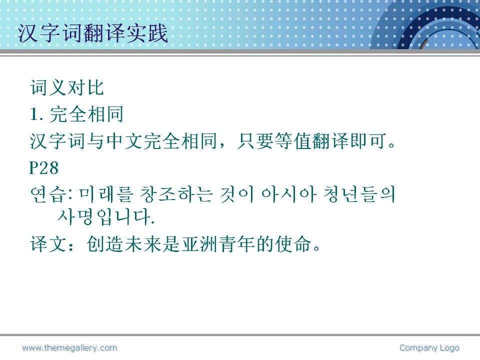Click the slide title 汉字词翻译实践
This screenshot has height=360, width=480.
pos(93,33)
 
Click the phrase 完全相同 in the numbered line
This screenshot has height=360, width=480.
pos(86,114)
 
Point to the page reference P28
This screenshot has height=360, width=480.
pos(44,168)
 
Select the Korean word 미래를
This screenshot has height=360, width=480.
pos(106,194)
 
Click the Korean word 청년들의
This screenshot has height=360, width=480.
pos(359,194)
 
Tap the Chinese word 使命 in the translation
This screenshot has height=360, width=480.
pos(293,244)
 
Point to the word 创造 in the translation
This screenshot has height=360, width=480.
pos(105,244)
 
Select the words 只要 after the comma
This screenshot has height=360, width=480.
pos(255,141)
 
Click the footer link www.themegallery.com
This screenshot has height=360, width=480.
pos(69,348)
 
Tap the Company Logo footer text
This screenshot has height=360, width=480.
pos(429,348)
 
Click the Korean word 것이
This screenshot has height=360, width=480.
pos(237,194)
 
